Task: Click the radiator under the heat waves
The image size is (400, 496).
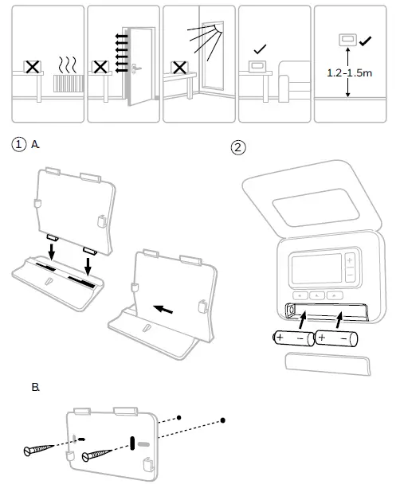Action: pyautogui.click(x=69, y=83)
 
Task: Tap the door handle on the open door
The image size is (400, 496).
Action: pyautogui.click(x=136, y=68)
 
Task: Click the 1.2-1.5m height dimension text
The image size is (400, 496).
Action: pyautogui.click(x=349, y=73)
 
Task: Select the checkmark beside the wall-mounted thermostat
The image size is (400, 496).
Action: pyautogui.click(x=366, y=41)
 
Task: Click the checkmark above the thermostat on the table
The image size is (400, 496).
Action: pyautogui.click(x=260, y=49)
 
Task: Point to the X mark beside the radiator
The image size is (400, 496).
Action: pyautogui.click(x=32, y=67)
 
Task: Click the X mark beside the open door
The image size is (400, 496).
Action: pyautogui.click(x=100, y=67)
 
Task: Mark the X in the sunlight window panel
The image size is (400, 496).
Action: pyautogui.click(x=179, y=68)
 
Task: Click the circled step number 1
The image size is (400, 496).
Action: pyautogui.click(x=18, y=145)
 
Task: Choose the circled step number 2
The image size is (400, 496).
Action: pyautogui.click(x=238, y=147)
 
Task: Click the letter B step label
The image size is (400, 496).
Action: pyautogui.click(x=36, y=387)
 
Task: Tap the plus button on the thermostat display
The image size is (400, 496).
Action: pyautogui.click(x=350, y=260)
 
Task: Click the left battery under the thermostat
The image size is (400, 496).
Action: pyautogui.click(x=293, y=338)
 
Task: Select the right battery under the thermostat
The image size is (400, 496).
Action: pyautogui.click(x=336, y=338)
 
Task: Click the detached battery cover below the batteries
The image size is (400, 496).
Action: pyautogui.click(x=327, y=364)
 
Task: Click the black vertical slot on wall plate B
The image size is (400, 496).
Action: pyautogui.click(x=132, y=443)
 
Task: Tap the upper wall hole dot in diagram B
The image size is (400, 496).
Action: pyautogui.click(x=179, y=418)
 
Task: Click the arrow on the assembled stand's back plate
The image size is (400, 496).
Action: pyautogui.click(x=163, y=309)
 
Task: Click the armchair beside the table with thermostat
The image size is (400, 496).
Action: pyautogui.click(x=294, y=82)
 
